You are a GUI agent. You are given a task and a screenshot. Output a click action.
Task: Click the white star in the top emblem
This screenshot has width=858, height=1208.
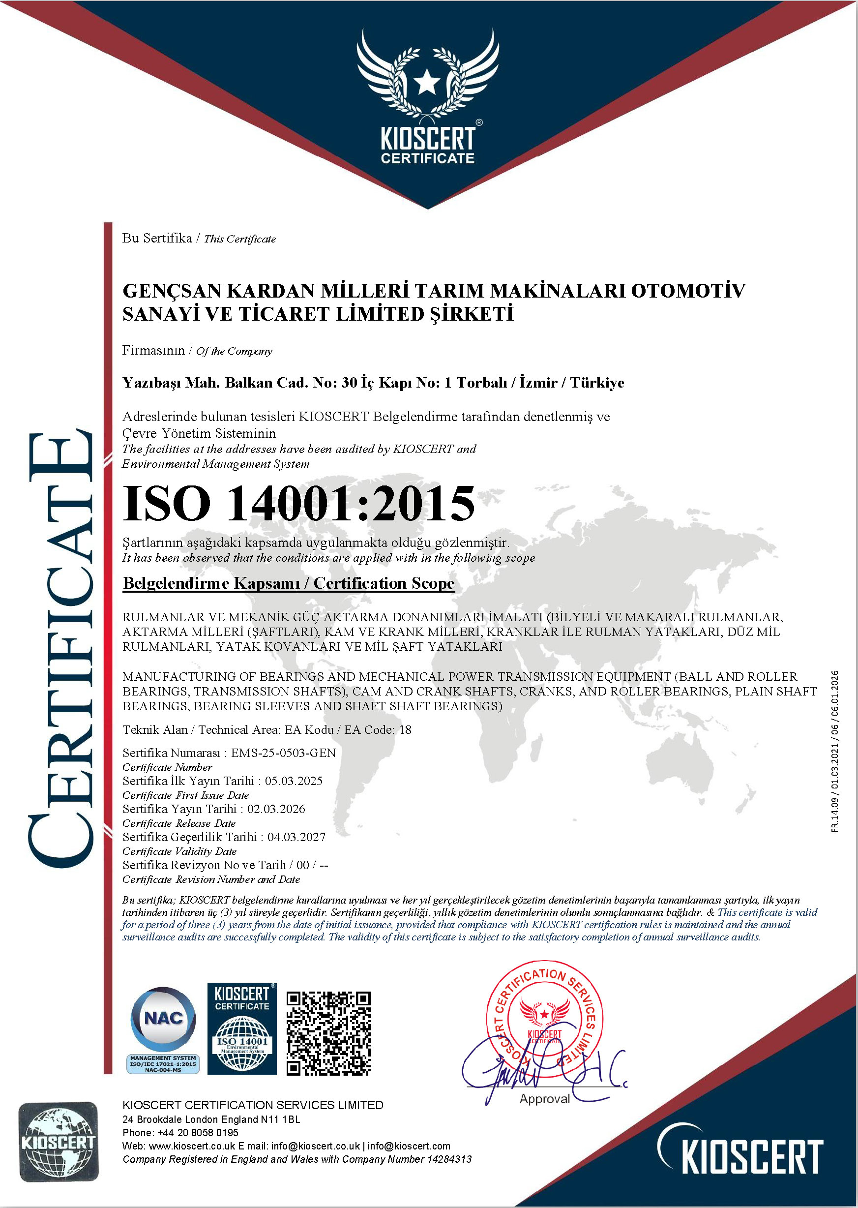tap(427, 83)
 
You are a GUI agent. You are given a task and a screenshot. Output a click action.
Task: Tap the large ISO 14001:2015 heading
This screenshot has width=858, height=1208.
tap(298, 504)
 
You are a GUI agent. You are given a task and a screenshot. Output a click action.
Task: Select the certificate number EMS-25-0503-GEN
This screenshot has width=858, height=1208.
tap(283, 753)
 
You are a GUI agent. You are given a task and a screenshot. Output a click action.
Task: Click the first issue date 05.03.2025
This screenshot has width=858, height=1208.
tap(294, 781)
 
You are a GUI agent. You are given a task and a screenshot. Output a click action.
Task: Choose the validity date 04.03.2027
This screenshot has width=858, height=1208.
tap(296, 837)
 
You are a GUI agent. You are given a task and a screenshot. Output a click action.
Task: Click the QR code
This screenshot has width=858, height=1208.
tap(328, 1033)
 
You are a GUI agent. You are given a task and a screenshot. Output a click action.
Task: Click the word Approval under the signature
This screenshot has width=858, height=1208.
tap(545, 1099)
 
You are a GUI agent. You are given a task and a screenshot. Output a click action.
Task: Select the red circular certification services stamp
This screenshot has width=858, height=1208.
tap(545, 1017)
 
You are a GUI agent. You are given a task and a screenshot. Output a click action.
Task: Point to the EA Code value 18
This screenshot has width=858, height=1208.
tap(405, 730)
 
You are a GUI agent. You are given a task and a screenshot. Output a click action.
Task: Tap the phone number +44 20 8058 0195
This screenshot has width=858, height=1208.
tap(198, 1132)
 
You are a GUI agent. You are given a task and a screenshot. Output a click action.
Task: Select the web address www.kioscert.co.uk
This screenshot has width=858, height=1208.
tap(192, 1146)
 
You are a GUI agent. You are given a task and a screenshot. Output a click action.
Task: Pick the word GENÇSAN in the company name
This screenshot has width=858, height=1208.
tap(171, 291)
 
